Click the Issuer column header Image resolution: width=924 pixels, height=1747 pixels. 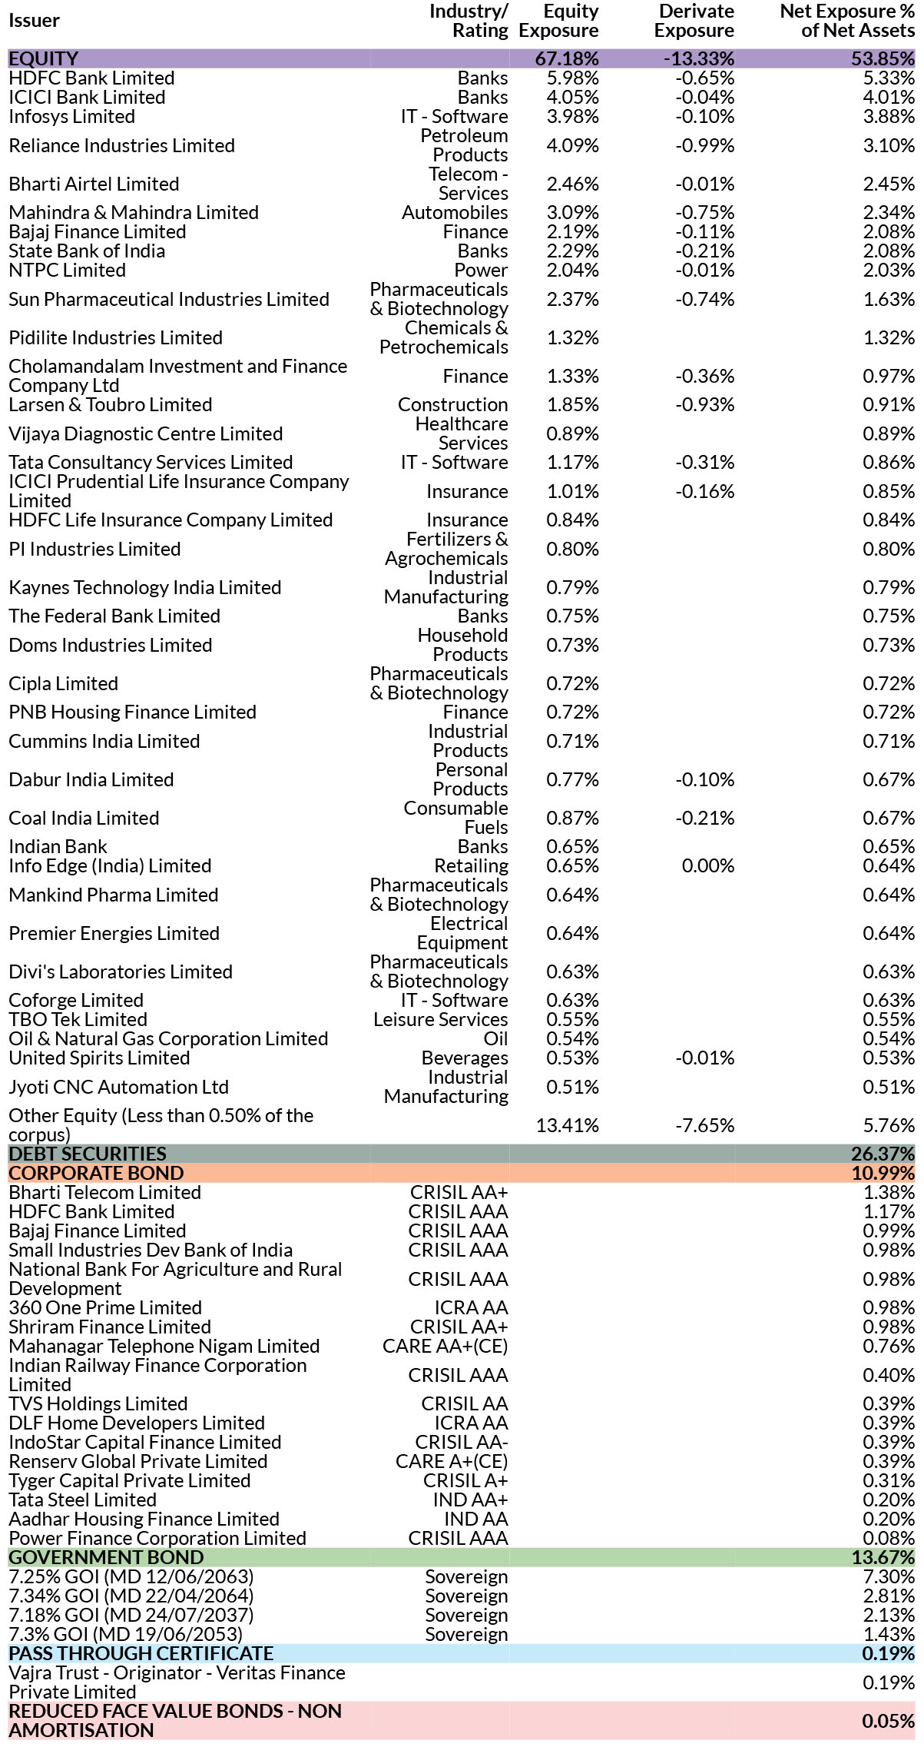pos(34,21)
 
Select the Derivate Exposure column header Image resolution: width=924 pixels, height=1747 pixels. pos(694,21)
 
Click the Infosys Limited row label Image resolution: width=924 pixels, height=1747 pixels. pos(71,117)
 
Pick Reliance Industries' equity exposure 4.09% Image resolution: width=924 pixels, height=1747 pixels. pos(572,145)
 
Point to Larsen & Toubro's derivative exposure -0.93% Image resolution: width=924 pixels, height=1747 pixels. pos(704,405)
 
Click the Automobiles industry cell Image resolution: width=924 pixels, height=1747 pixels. pos(455,213)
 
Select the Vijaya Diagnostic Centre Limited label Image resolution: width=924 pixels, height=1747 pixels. pos(146,434)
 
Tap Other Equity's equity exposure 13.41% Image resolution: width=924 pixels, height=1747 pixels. pos(567,1126)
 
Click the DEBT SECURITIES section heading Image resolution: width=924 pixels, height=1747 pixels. pos(88,1154)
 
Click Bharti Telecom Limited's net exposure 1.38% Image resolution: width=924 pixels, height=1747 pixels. pos(889,1193)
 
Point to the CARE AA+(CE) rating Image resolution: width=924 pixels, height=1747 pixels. pos(445,1347)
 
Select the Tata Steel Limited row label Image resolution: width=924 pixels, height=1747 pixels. pos(82,1500)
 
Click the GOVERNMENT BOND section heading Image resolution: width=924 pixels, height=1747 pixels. pos(106,1558)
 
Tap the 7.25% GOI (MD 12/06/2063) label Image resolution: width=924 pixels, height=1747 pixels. pos(131,1577)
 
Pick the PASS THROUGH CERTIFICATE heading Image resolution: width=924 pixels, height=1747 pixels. pos(141,1654)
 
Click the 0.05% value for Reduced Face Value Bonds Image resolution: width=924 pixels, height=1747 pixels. pos(889,1721)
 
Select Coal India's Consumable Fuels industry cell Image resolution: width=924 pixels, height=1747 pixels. pos(456,818)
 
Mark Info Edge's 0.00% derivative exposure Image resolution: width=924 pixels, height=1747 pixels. pos(708,866)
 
